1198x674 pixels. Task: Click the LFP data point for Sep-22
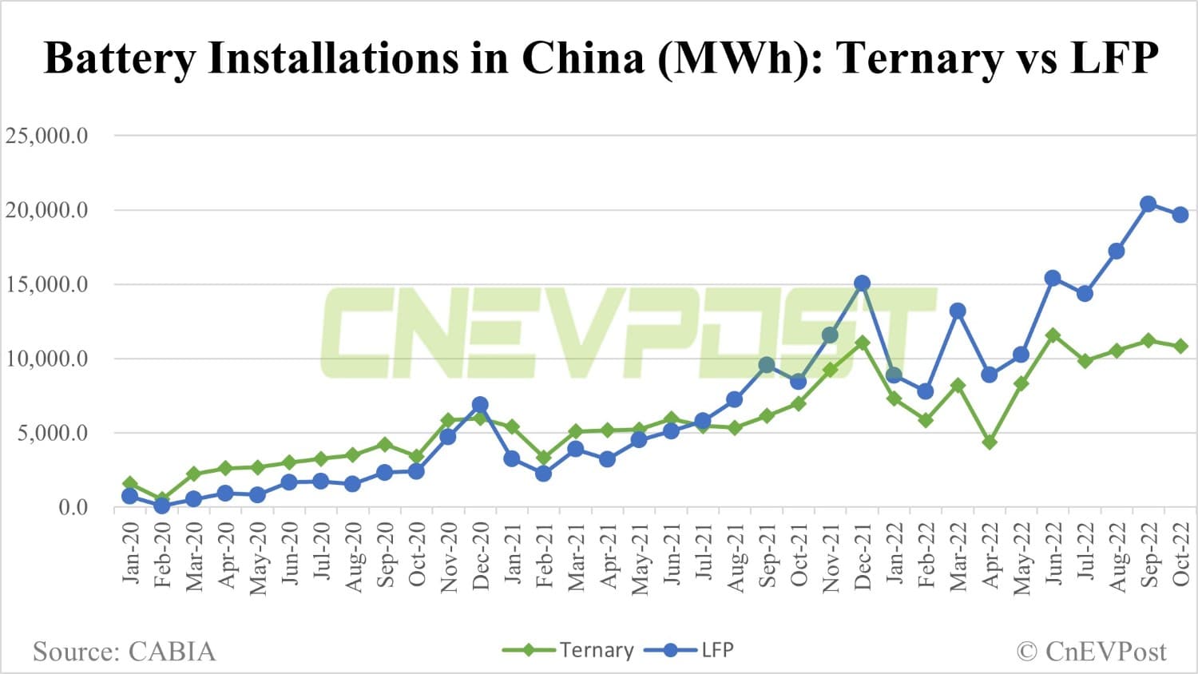pos(1148,204)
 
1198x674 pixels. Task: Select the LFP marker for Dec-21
pos(862,283)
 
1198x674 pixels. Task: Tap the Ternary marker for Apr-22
pos(990,442)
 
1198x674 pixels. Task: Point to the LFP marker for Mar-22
pos(958,311)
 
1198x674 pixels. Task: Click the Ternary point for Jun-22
pos(1053,335)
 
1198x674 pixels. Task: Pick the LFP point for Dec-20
pos(480,405)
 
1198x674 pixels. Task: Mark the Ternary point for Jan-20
pos(130,483)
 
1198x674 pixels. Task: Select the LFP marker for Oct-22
pos(1180,215)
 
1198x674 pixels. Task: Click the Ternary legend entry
pos(569,650)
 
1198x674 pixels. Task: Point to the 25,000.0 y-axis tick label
pos(47,136)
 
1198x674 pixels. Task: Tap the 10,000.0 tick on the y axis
pos(47,359)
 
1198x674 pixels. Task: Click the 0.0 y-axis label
pos(73,507)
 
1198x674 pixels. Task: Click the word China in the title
pos(583,58)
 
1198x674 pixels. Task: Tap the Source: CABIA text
pos(124,652)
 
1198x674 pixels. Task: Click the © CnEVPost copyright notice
pos(1091,652)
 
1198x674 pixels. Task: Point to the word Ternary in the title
pos(921,58)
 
